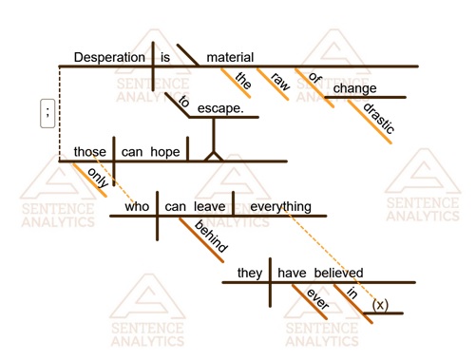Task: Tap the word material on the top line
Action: point(229,57)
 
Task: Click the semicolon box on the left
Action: point(47,113)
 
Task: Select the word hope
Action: point(164,151)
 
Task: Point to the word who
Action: point(140,204)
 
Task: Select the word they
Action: point(250,273)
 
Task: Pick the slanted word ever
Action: point(316,299)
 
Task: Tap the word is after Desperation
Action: point(165,57)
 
